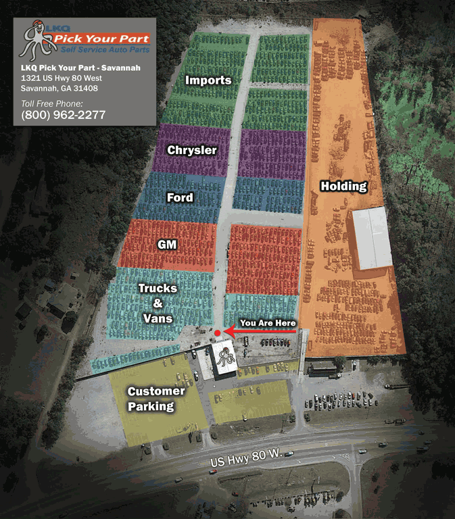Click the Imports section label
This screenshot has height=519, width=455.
tap(209, 80)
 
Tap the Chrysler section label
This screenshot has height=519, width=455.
tap(192, 149)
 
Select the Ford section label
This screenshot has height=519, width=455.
tap(180, 198)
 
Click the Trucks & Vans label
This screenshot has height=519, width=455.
tap(158, 303)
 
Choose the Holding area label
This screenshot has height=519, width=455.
tap(343, 186)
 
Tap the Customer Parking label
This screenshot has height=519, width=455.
tap(155, 399)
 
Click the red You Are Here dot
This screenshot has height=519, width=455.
tap(217, 333)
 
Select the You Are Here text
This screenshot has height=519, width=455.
tap(268, 323)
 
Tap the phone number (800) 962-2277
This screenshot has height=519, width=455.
tap(64, 115)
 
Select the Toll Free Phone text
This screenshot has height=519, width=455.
tap(52, 103)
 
